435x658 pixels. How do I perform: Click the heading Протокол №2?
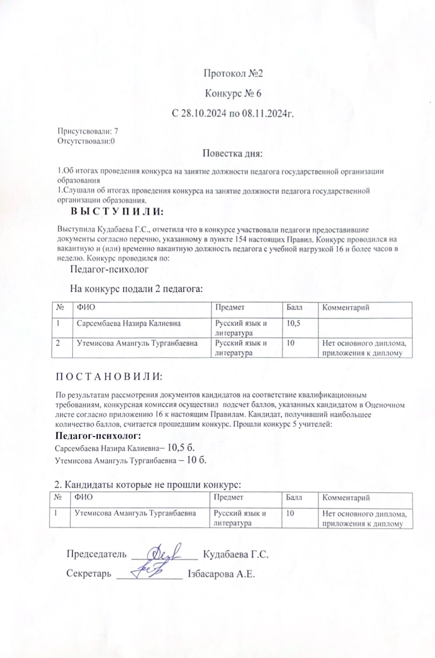click(233, 73)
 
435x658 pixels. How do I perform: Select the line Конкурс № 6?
click(233, 93)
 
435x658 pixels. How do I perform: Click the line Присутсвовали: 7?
click(88, 131)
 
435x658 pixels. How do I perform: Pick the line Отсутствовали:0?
click(86, 141)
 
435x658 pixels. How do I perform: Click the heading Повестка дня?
click(232, 154)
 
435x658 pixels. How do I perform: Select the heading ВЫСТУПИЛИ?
click(116, 212)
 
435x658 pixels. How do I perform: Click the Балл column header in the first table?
click(295, 308)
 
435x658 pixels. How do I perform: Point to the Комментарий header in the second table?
click(346, 497)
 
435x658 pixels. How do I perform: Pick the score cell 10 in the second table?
click(290, 513)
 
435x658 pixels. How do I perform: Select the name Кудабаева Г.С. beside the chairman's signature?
click(235, 555)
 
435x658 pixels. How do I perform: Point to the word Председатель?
click(96, 555)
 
